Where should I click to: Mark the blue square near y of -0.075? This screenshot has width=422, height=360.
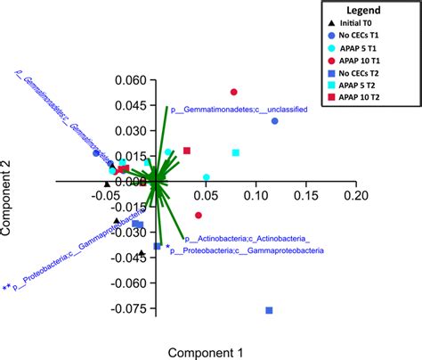click(x=269, y=310)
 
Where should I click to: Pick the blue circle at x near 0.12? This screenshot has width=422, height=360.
click(x=274, y=120)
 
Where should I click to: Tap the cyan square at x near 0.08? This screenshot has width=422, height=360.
click(x=236, y=153)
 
